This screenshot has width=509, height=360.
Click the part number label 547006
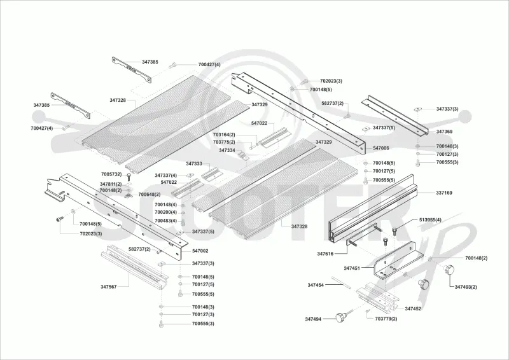coord(380,148)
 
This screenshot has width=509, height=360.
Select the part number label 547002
coord(200,251)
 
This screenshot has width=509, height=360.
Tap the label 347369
coord(444,132)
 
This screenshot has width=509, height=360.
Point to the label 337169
coord(444,193)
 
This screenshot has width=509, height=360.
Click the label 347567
coord(108,287)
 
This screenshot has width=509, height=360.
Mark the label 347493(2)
coord(466,287)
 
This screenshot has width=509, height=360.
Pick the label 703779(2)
coord(386,319)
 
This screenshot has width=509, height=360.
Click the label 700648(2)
coord(150,195)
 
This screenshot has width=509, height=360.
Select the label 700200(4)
coord(166,212)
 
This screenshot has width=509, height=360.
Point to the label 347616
coord(325,254)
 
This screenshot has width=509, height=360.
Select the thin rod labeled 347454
coord(342,282)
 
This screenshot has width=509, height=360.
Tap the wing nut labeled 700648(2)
coord(129,195)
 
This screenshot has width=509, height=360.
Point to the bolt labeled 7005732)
coord(129,177)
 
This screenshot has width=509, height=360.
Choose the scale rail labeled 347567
coord(134,266)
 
